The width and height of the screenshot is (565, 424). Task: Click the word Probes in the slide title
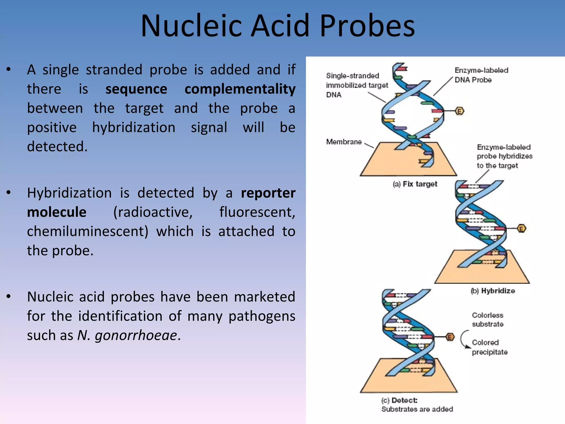pyautogui.click(x=367, y=26)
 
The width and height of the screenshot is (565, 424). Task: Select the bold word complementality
pyautogui.click(x=240, y=89)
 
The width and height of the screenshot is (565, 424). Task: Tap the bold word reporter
pyautogui.click(x=268, y=193)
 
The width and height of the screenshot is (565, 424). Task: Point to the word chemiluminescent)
pyautogui.click(x=87, y=231)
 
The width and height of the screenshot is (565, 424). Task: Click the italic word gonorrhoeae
pyautogui.click(x=135, y=335)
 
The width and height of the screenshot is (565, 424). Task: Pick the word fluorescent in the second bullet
pyautogui.click(x=257, y=212)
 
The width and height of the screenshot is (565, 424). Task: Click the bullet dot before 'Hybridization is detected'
pyautogui.click(x=9, y=193)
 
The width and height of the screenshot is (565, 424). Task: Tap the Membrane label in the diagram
pyautogui.click(x=344, y=142)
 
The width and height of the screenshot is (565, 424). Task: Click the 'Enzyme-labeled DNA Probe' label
pyautogui.click(x=481, y=75)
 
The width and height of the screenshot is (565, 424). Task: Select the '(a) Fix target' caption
pyautogui.click(x=415, y=184)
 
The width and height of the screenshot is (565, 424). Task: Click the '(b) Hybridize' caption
pyautogui.click(x=493, y=291)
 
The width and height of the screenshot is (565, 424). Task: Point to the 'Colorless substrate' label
pyautogui.click(x=487, y=320)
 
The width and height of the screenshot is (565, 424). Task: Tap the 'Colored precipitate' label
pyautogui.click(x=489, y=347)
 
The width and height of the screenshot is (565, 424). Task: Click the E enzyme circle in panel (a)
pyautogui.click(x=459, y=111)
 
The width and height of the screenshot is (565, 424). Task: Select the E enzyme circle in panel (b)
pyautogui.click(x=521, y=229)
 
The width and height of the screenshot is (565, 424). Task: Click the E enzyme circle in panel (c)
pyautogui.click(x=450, y=337)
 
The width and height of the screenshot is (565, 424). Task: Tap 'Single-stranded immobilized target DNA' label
pyautogui.click(x=356, y=85)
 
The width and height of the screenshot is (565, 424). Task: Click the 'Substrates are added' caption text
pyautogui.click(x=417, y=409)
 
